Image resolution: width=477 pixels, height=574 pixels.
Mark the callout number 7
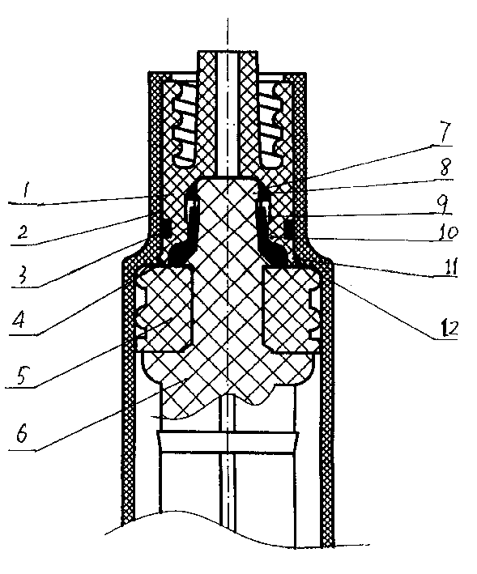445,133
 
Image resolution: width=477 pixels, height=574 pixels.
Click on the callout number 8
446,167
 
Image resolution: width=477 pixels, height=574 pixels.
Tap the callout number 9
445,205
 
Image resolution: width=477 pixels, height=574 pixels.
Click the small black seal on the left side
164,227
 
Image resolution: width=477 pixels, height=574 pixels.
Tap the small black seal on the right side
287,227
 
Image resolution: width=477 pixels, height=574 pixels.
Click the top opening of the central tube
228,52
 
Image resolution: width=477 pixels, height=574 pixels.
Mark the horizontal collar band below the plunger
228,441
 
